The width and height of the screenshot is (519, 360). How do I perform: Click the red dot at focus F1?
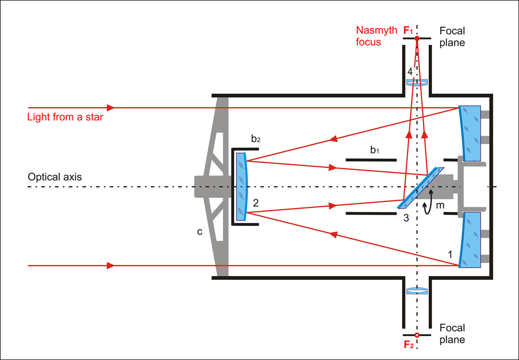[x=416, y=39]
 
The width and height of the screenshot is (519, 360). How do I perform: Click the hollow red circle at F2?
[x=416, y=335]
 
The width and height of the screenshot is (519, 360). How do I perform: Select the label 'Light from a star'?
[x=65, y=117]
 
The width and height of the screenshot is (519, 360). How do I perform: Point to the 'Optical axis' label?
[x=55, y=177]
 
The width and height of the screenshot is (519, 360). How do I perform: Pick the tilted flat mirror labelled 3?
[x=421, y=188]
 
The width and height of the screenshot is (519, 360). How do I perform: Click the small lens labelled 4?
[x=416, y=83]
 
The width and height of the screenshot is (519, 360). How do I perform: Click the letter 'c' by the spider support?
[x=200, y=231]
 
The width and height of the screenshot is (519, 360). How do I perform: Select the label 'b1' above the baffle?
[x=374, y=150]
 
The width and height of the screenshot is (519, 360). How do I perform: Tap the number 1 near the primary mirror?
[x=450, y=254]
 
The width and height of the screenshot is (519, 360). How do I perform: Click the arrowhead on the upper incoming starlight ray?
[x=111, y=108]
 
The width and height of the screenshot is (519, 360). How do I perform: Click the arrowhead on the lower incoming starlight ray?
[x=111, y=265]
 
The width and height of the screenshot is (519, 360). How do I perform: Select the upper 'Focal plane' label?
[x=452, y=37]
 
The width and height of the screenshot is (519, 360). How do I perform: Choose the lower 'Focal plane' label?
[x=452, y=334]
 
